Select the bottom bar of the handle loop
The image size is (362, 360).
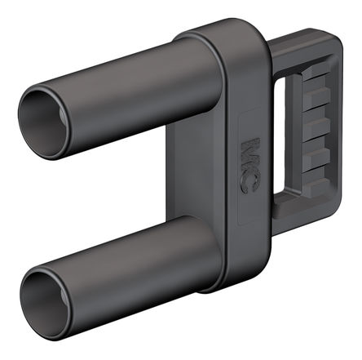click(x=304, y=215)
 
